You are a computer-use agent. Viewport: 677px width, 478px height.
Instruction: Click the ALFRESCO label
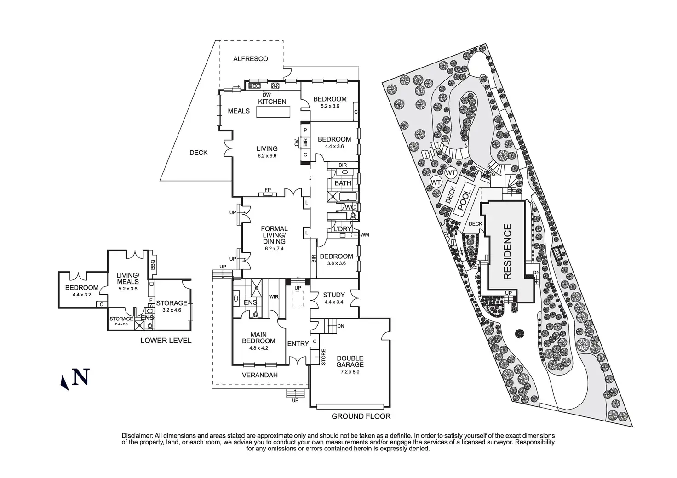(x=250, y=59)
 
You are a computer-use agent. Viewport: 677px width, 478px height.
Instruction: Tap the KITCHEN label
(x=272, y=102)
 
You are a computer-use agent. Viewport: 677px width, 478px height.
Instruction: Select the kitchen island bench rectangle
(x=273, y=113)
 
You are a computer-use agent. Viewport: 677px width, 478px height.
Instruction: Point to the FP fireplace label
(x=267, y=189)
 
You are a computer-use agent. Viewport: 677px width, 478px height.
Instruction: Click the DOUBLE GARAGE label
(x=350, y=361)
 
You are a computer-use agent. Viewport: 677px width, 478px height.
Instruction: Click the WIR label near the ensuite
(x=274, y=297)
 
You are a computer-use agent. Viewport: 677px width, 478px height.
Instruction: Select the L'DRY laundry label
(x=342, y=229)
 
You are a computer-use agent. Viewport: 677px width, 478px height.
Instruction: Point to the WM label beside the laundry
(x=366, y=235)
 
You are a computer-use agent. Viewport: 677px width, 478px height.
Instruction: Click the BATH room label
(x=343, y=183)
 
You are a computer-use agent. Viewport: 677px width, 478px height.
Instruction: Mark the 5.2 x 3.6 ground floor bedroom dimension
(x=330, y=106)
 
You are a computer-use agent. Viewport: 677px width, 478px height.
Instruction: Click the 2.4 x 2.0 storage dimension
(x=121, y=324)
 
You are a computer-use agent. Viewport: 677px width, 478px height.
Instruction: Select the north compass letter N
(x=81, y=377)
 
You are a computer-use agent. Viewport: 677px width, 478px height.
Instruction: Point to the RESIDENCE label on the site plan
(x=507, y=251)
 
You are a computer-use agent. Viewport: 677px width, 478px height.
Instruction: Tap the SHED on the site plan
(x=557, y=253)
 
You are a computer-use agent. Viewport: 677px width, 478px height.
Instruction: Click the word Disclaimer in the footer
(x=137, y=435)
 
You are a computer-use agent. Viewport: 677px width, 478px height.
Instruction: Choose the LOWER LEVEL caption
(x=166, y=341)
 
